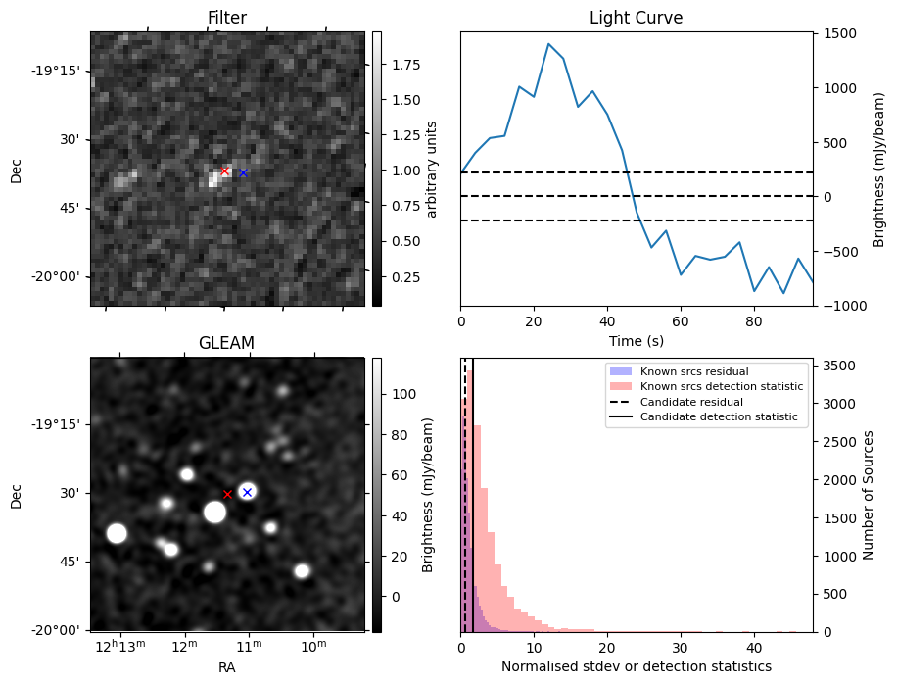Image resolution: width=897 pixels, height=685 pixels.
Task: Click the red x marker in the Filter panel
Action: click(x=224, y=171)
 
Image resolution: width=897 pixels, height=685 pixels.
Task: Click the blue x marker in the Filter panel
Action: click(x=244, y=172)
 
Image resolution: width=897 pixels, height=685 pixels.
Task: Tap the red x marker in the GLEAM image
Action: click(x=227, y=494)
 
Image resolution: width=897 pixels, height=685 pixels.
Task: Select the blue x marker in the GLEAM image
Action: click(x=247, y=492)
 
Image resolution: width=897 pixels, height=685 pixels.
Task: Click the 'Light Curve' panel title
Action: click(x=636, y=18)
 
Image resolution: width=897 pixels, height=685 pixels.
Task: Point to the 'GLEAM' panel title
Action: click(x=226, y=342)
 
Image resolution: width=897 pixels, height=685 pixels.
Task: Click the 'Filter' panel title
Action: click(x=226, y=18)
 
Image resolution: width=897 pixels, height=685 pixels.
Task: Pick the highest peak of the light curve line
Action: click(x=548, y=44)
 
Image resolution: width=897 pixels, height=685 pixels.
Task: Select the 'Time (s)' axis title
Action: click(x=636, y=339)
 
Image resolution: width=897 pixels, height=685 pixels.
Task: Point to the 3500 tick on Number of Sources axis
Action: click(x=839, y=366)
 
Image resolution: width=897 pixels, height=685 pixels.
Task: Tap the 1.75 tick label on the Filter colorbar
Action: click(x=404, y=65)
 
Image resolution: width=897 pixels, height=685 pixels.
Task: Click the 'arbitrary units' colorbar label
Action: click(x=433, y=169)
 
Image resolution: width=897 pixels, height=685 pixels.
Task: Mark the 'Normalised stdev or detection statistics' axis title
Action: click(x=636, y=666)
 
